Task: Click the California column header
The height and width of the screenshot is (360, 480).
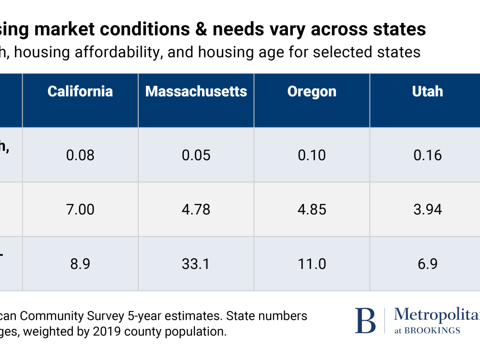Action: coord(80,91)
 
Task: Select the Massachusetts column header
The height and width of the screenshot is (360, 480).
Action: coord(196,91)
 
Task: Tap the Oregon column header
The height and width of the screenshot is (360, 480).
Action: coord(312,91)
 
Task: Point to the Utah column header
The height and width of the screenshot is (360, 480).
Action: coord(427,91)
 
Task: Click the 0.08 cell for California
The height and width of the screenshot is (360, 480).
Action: coord(80,155)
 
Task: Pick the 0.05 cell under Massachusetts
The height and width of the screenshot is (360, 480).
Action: coord(196,155)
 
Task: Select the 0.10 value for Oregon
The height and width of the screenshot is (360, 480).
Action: coord(312,155)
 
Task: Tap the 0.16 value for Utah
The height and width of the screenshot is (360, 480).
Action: coord(427,155)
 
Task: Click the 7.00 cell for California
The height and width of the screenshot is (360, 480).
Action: coord(80,209)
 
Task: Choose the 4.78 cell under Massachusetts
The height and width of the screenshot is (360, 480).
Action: coord(196,209)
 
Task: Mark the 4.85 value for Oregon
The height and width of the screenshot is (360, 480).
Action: coord(312,209)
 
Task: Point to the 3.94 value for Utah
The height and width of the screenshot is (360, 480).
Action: coord(427,209)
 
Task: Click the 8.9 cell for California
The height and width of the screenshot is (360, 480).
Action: coord(80,264)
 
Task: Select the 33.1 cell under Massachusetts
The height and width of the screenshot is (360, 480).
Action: coord(196,264)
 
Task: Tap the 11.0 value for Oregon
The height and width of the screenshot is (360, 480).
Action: coord(312,264)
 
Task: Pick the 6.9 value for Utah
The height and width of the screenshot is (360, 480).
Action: coord(427,264)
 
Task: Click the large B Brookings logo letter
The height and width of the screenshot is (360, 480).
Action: coord(365,321)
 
